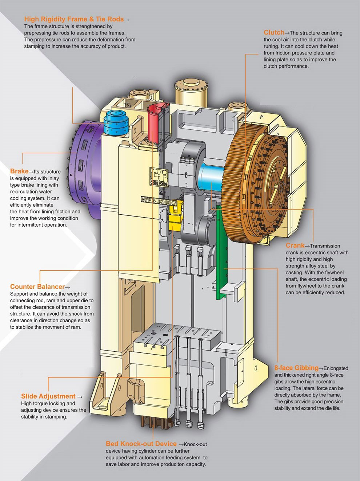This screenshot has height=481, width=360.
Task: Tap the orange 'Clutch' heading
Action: point(274,33)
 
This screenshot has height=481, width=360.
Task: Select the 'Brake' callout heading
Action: point(19,171)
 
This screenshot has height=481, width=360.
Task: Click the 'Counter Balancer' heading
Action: point(37,287)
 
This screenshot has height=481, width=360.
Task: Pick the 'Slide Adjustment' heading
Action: point(48,396)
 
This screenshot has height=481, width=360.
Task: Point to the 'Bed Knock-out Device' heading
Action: point(141,444)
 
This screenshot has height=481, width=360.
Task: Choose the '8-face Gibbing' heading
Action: point(296,368)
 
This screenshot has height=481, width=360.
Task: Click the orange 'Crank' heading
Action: point(295,246)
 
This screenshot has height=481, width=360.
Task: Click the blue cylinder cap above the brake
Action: point(115,122)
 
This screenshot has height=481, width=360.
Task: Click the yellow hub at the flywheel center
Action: point(280,189)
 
